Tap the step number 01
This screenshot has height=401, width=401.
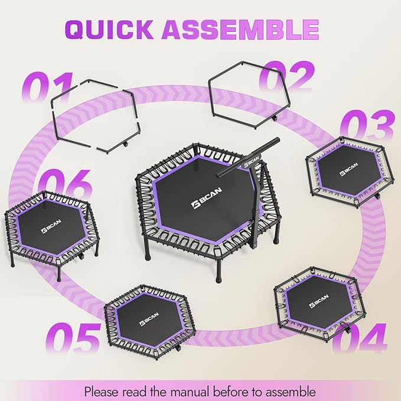(x=47, y=90)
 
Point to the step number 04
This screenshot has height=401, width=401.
(x=359, y=338)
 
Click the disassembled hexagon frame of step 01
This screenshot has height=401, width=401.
(x=94, y=118)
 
